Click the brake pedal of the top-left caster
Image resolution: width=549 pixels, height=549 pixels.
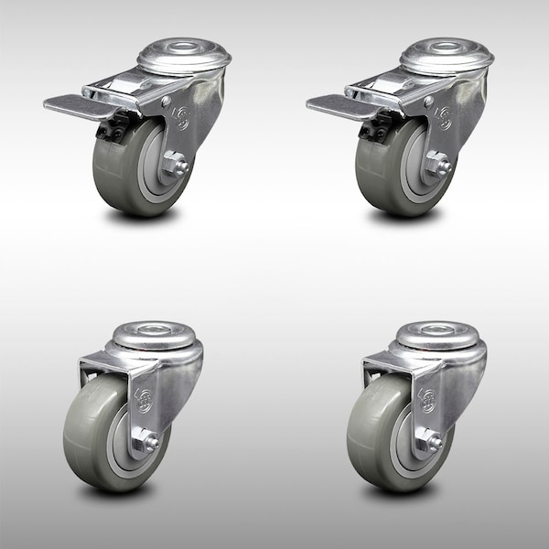click(69, 106)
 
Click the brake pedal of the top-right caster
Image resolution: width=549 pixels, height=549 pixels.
click(332, 106)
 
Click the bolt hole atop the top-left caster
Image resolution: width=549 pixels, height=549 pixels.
click(183, 48)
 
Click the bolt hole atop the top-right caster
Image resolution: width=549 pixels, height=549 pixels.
click(446, 48)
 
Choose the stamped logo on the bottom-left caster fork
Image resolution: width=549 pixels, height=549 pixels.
click(143, 397)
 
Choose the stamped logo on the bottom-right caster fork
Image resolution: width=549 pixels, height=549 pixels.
click(426, 397)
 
